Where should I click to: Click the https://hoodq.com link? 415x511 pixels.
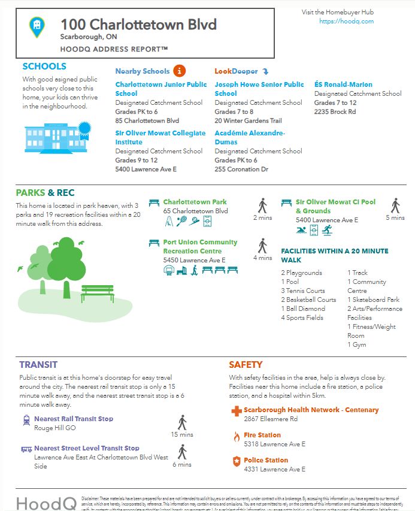(346, 22)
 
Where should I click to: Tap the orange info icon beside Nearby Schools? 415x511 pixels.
(180, 71)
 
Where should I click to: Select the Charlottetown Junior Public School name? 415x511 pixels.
(161, 89)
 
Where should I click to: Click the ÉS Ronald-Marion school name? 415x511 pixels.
(343, 84)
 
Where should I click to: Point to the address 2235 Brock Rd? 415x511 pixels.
(335, 111)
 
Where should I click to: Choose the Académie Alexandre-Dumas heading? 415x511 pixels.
(250, 138)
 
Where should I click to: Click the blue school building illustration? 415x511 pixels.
(55, 137)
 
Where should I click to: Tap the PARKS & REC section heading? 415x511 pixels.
(45, 193)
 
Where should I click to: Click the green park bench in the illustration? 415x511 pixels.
(97, 293)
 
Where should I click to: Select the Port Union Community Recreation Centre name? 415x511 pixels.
(192, 247)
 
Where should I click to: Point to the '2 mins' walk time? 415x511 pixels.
(262, 217)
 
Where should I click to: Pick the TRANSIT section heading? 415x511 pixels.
(38, 364)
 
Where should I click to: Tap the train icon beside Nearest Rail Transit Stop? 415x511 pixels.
(26, 420)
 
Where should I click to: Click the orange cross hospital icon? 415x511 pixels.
(235, 411)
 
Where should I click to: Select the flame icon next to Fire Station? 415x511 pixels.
(236, 437)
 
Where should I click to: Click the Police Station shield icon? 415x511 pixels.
(236, 461)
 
